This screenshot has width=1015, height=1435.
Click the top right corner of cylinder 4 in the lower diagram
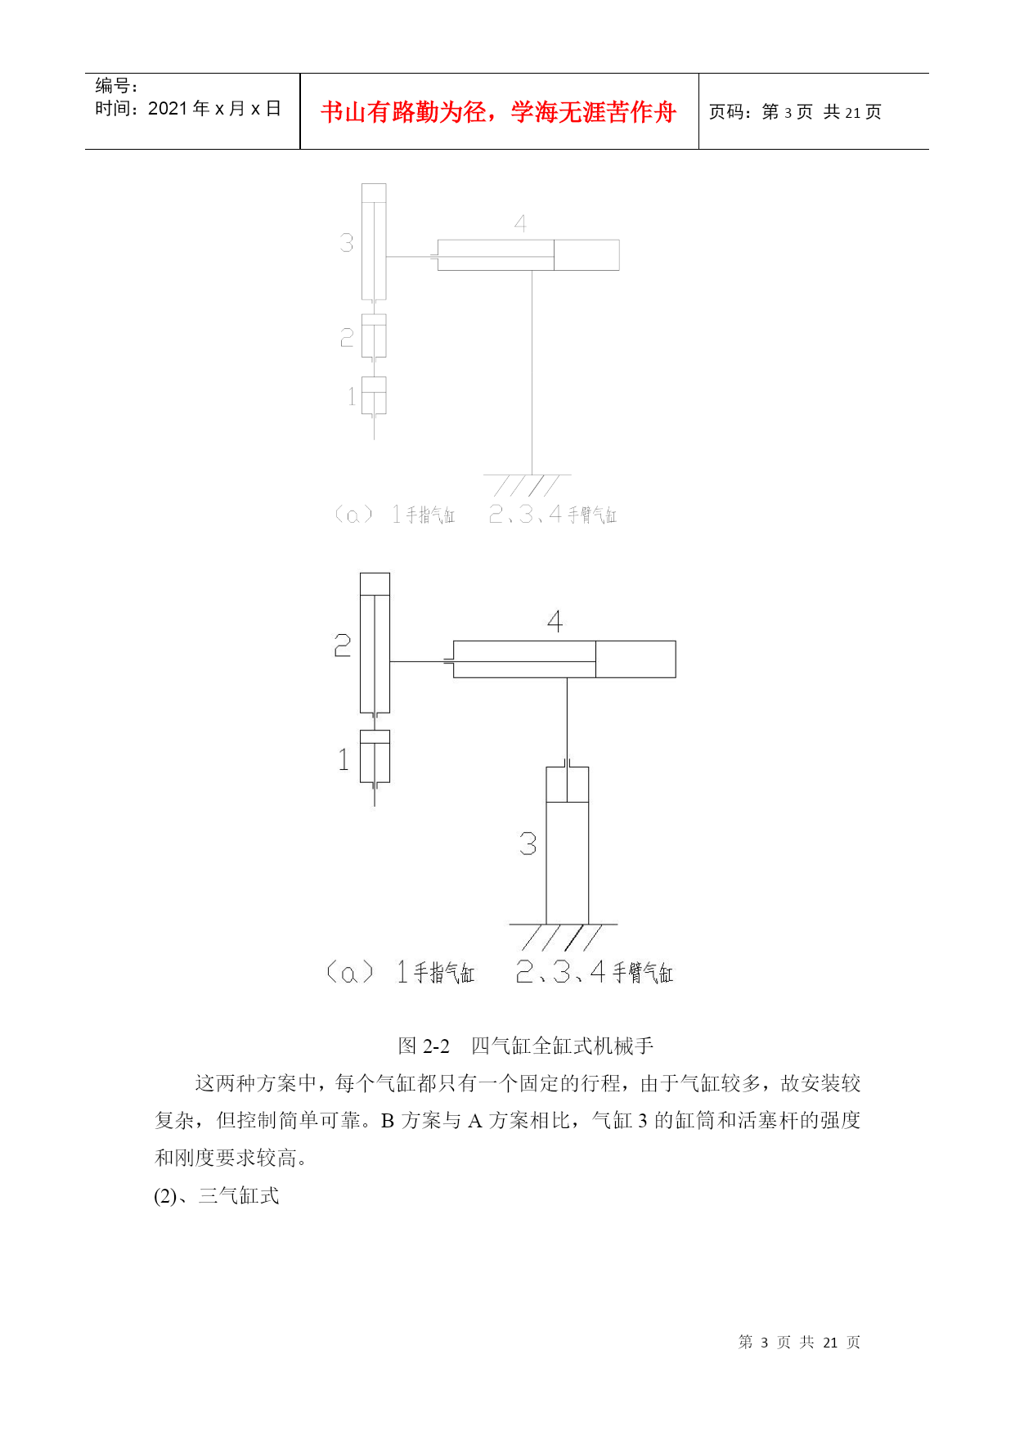pyautogui.click(x=676, y=641)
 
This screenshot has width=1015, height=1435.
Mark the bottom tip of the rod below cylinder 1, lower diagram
pyautogui.click(x=375, y=806)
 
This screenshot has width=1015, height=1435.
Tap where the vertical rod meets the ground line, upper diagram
pyautogui.click(x=532, y=475)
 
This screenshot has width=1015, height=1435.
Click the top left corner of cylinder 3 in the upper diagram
pyautogui.click(x=362, y=184)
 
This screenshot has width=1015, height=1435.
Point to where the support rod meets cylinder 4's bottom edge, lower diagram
pyautogui.click(x=567, y=677)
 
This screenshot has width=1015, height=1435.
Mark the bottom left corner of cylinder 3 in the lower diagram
pyautogui.click(x=546, y=924)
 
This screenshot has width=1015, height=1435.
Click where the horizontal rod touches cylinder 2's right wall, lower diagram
pyautogui.click(x=390, y=661)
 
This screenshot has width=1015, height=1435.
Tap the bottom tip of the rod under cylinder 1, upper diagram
pyautogui.click(x=374, y=440)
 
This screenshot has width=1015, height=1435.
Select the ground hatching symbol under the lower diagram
pyautogui.click(x=563, y=937)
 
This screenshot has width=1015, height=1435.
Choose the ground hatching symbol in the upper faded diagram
pyautogui.click(x=528, y=485)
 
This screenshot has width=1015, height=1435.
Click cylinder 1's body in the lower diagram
pyautogui.click(x=375, y=756)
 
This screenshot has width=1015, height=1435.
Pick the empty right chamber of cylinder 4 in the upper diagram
pyautogui.click(x=586, y=254)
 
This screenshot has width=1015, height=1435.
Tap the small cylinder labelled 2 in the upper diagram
pyautogui.click(x=374, y=335)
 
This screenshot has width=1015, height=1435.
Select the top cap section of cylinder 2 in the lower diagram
pyautogui.click(x=375, y=584)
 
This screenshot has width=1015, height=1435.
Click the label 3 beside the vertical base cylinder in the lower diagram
pyautogui.click(x=528, y=843)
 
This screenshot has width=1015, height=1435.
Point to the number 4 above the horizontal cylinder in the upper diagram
pyautogui.click(x=520, y=223)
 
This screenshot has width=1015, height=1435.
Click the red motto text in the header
pyautogui.click(x=498, y=112)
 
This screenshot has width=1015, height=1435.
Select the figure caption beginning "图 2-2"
pyautogui.click(x=526, y=1046)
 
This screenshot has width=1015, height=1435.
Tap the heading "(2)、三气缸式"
pyautogui.click(x=217, y=1195)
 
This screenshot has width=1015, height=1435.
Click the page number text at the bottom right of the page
pyautogui.click(x=799, y=1342)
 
